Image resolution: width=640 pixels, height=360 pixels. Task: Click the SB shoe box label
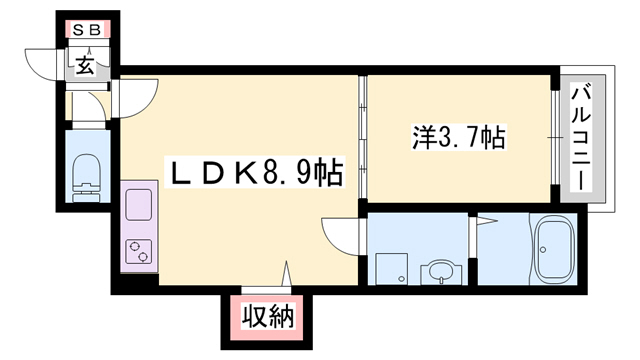(85, 30)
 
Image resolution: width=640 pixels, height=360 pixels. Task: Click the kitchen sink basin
(137, 209)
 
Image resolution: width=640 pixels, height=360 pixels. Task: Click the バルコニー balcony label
(580, 138)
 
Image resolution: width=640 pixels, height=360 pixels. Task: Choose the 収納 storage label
(267, 319)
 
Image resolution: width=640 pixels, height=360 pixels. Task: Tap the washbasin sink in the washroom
(438, 268)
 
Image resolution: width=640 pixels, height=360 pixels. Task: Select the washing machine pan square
(391, 268)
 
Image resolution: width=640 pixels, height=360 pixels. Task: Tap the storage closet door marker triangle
(288, 275)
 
